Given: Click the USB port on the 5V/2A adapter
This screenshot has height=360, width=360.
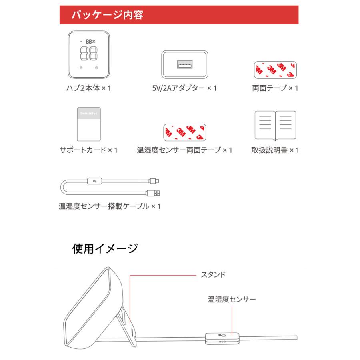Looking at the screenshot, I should (x=184, y=64).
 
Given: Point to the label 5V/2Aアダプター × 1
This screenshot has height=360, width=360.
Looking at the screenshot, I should (x=184, y=88).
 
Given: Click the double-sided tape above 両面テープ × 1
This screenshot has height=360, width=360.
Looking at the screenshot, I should (x=275, y=69).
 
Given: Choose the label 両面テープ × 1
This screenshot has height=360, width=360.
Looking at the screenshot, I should (x=275, y=88).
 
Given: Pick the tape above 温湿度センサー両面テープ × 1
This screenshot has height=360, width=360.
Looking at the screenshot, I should (x=184, y=132).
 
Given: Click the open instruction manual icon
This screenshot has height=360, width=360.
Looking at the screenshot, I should (x=275, y=124).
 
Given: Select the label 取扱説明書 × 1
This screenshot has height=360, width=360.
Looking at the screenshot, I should (x=275, y=150).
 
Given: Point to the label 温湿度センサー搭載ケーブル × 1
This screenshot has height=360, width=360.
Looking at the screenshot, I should (x=109, y=206).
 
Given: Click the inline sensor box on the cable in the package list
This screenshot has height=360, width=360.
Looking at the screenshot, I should (x=95, y=181).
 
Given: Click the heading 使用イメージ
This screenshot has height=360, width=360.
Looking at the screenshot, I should (x=105, y=249).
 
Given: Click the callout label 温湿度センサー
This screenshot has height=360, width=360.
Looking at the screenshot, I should (x=232, y=299).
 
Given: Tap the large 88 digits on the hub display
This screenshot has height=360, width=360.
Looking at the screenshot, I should (x=88, y=53).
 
